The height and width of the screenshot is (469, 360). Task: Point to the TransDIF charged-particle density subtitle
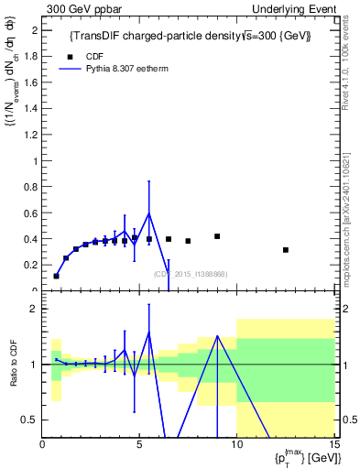[190, 36]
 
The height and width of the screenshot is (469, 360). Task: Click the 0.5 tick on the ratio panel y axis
[29, 420]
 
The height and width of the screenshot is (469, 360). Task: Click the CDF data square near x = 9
[217, 236]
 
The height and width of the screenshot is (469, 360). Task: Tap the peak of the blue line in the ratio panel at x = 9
[217, 336]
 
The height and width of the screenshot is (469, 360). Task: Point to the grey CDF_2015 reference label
[190, 274]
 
